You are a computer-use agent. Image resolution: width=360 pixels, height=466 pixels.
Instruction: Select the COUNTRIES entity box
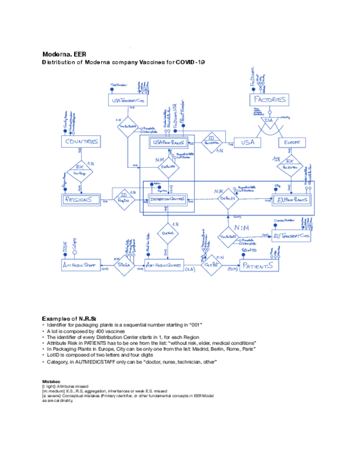pyautogui.click(x=81, y=142)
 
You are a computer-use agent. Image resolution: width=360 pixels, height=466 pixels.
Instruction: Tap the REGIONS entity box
pyautogui.click(x=81, y=200)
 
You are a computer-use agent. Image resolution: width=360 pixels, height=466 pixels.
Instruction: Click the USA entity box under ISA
pyautogui.click(x=248, y=142)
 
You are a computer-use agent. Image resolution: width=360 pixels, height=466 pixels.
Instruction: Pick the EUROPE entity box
pyautogui.click(x=291, y=142)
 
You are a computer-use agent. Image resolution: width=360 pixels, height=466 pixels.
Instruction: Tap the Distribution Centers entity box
pyautogui.click(x=169, y=200)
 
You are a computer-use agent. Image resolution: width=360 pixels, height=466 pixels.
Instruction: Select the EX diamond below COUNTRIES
pyautogui.click(x=80, y=169)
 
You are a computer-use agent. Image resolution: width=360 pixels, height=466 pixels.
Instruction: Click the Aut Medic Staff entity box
pyautogui.click(x=80, y=265)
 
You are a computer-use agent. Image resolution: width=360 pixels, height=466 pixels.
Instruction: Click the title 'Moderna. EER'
pyautogui.click(x=64, y=55)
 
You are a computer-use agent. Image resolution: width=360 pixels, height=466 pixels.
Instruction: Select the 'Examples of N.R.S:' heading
pyautogui.click(x=70, y=319)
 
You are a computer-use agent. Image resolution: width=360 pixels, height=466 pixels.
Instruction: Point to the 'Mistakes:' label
pyautogui.click(x=53, y=381)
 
